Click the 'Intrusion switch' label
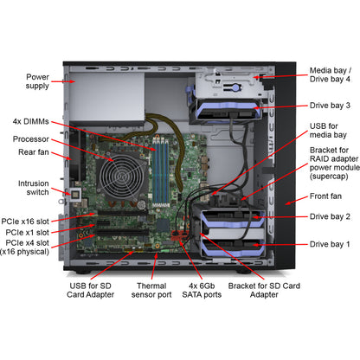(x=34, y=188)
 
